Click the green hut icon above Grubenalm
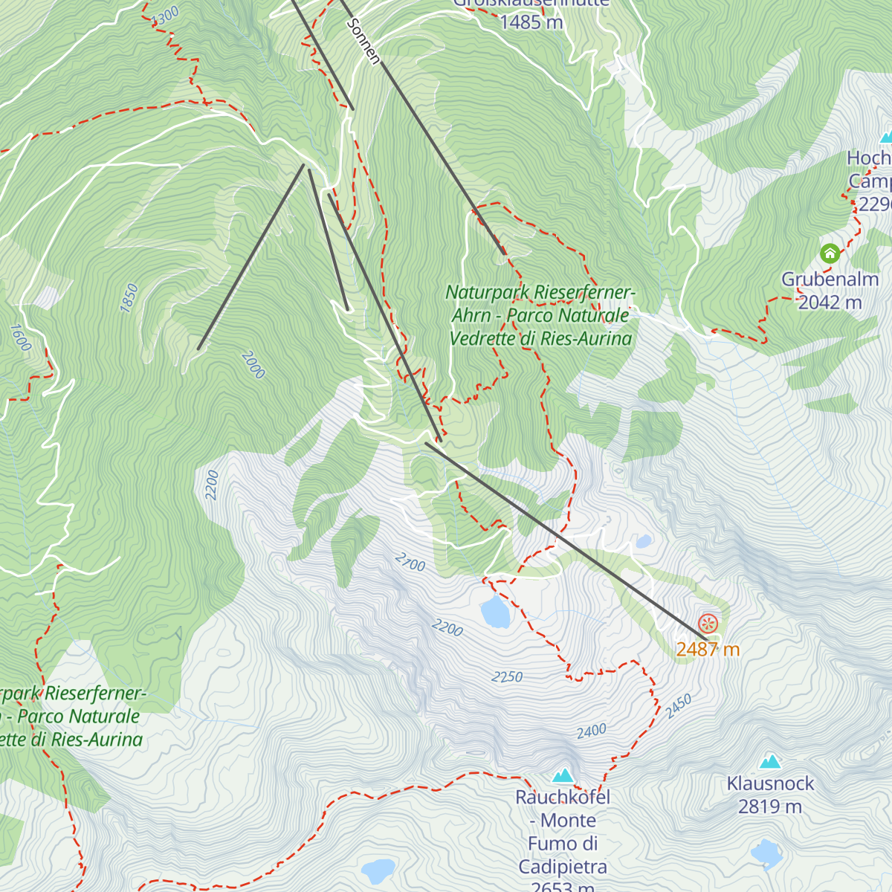pyautogui.click(x=830, y=253)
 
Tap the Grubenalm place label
pyautogui.click(x=830, y=279)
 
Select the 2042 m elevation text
pyautogui.click(x=830, y=303)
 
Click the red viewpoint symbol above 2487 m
pyautogui.click(x=708, y=624)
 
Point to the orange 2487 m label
pyautogui.click(x=708, y=650)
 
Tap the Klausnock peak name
pyautogui.click(x=770, y=783)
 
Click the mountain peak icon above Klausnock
pyautogui.click(x=770, y=761)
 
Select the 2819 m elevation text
pyautogui.click(x=770, y=807)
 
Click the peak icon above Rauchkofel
pyautogui.click(x=563, y=775)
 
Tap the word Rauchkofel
pyautogui.click(x=563, y=798)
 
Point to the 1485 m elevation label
pyautogui.click(x=531, y=22)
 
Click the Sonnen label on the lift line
pyautogui.click(x=363, y=42)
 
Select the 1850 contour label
pyautogui.click(x=131, y=298)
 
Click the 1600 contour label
pyautogui.click(x=21, y=337)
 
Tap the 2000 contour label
pyautogui.click(x=253, y=365)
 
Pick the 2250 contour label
pyautogui.click(x=507, y=677)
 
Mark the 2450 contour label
pyautogui.click(x=679, y=705)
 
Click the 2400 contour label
pyautogui.click(x=592, y=731)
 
